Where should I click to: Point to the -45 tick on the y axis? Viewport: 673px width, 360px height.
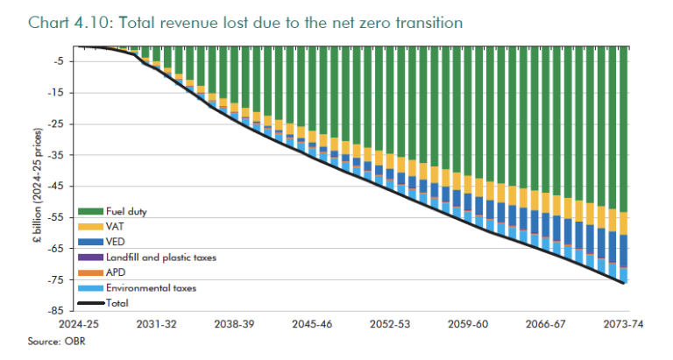(53, 186)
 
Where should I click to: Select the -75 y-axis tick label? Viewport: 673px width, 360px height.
(53, 279)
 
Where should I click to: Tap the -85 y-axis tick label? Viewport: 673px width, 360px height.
(53, 311)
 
